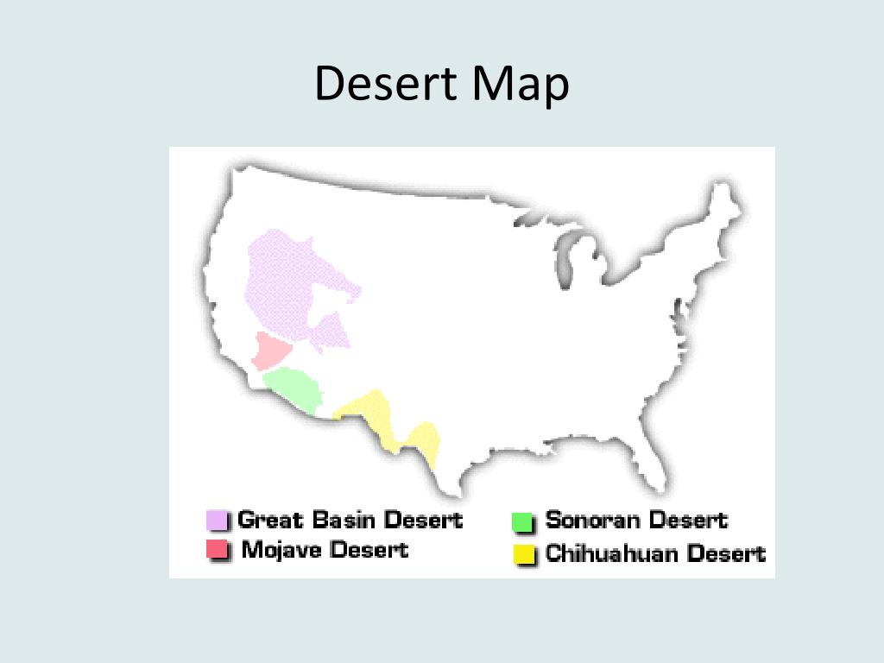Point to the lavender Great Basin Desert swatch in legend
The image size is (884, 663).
point(217,521)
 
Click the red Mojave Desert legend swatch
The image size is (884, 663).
point(217,549)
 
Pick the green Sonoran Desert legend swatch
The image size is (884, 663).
point(523,521)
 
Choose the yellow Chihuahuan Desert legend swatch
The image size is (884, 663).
point(523,553)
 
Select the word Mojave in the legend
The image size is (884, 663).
point(280,549)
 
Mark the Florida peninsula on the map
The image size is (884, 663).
point(655,466)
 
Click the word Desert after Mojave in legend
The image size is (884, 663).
point(369,549)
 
